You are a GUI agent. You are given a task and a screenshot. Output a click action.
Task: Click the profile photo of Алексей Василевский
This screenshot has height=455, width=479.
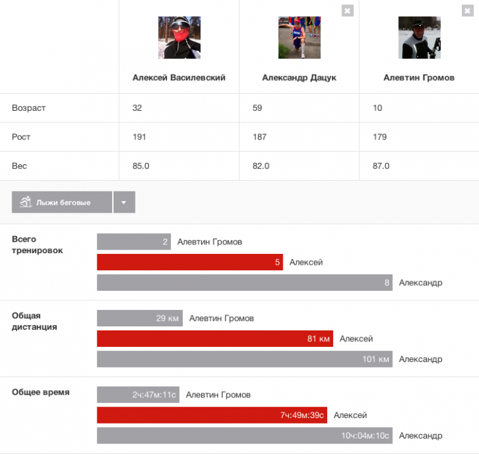click(179, 38)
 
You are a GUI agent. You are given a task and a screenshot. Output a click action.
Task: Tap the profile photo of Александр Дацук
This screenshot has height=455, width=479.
click(299, 38)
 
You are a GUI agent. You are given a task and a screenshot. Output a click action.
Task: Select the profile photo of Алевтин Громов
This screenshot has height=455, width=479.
click(419, 38)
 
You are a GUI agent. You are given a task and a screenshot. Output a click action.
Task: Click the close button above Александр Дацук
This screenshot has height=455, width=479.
click(348, 10)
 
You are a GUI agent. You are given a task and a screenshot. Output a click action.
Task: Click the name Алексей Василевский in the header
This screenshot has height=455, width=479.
click(179, 78)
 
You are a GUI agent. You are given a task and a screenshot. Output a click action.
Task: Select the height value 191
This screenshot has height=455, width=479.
click(139, 137)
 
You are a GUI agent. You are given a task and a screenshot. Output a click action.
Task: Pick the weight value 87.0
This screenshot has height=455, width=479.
click(381, 166)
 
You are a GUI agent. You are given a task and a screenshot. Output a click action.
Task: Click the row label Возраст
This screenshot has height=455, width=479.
click(29, 108)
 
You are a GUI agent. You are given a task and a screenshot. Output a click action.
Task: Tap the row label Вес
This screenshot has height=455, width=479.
click(19, 166)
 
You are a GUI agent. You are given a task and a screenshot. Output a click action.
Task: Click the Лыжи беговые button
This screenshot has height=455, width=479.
click(61, 203)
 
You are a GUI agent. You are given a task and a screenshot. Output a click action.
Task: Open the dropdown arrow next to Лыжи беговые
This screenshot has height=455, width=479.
click(124, 203)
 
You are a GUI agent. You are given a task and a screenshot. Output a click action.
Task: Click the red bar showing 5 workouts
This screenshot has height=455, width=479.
click(190, 262)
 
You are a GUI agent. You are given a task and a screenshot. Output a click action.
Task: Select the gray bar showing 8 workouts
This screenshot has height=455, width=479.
click(244, 283)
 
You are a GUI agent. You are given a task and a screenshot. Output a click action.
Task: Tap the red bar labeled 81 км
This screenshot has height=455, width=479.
click(215, 339)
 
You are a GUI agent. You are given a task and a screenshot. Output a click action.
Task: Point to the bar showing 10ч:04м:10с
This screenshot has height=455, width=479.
click(244, 436)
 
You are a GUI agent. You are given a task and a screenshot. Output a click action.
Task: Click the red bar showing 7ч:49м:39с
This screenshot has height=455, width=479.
click(211, 415)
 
